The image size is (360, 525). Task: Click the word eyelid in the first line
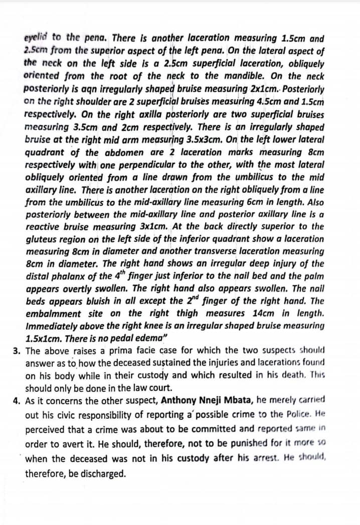coord(36,38)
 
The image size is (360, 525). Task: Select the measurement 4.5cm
coord(256,102)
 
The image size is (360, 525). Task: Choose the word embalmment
coord(53,314)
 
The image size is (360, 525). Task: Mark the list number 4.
coord(16,400)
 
